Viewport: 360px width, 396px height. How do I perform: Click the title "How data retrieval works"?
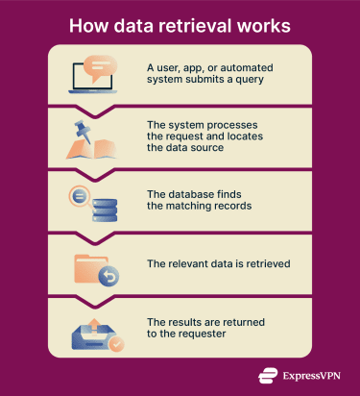pos(180,24)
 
